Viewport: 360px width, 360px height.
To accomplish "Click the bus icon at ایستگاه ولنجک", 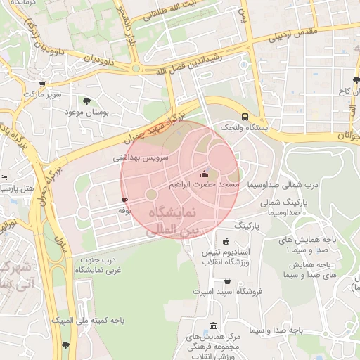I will coord(245,117).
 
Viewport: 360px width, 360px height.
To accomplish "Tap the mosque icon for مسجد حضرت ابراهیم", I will coord(205,174).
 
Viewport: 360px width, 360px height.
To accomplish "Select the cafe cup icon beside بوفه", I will coord(124,200).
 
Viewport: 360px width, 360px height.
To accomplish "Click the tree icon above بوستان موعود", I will coord(86,101).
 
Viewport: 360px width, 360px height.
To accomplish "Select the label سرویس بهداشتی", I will coord(141,159).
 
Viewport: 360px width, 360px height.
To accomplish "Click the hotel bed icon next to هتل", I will coord(4,177).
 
